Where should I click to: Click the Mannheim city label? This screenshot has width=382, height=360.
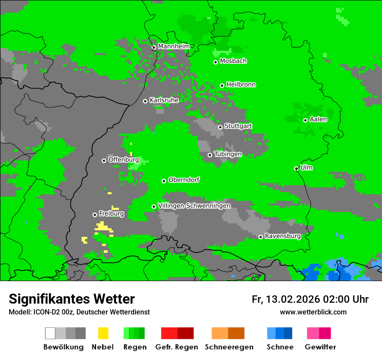[x=174, y=46]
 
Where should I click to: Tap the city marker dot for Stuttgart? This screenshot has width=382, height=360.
[x=220, y=127]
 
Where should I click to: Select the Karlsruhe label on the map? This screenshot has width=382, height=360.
[x=164, y=100]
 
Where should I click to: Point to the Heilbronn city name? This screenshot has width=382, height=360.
[x=241, y=85]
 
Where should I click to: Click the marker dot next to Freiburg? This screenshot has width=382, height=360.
[x=95, y=215]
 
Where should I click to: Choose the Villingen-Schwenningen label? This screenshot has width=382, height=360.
[x=194, y=206]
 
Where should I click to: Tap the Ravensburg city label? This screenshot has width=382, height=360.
[x=283, y=236]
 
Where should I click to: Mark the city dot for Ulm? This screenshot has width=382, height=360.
[x=296, y=168]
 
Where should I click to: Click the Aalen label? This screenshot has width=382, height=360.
[x=318, y=119]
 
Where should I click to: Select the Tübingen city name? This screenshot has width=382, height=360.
[x=228, y=154]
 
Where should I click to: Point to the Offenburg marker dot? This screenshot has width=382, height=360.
[x=104, y=160]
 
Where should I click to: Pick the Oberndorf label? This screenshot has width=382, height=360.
[x=184, y=180]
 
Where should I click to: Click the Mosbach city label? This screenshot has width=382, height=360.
[x=233, y=61]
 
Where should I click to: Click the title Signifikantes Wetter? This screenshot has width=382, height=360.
[x=72, y=299]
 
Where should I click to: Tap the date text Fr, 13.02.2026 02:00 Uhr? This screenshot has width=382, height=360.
[x=310, y=299]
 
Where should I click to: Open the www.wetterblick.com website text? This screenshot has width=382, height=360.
[x=313, y=312]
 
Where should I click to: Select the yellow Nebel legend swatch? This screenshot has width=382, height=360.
[x=103, y=333]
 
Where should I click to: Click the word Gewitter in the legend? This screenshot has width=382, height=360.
[x=320, y=347]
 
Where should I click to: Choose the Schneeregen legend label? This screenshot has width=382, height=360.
[x=229, y=347]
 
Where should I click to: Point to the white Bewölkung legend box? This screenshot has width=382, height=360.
[x=50, y=333]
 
